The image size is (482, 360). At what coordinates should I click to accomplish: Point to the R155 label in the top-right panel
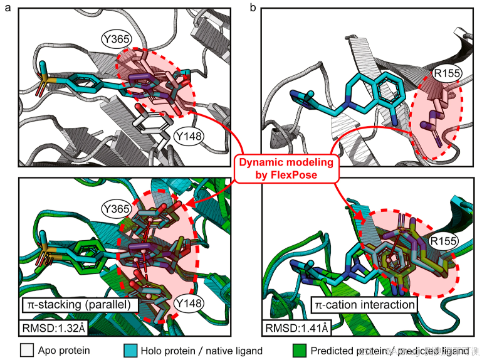pyautogui.click(x=447, y=74)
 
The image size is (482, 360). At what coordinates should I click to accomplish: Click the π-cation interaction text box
pyautogui.click(x=364, y=305)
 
